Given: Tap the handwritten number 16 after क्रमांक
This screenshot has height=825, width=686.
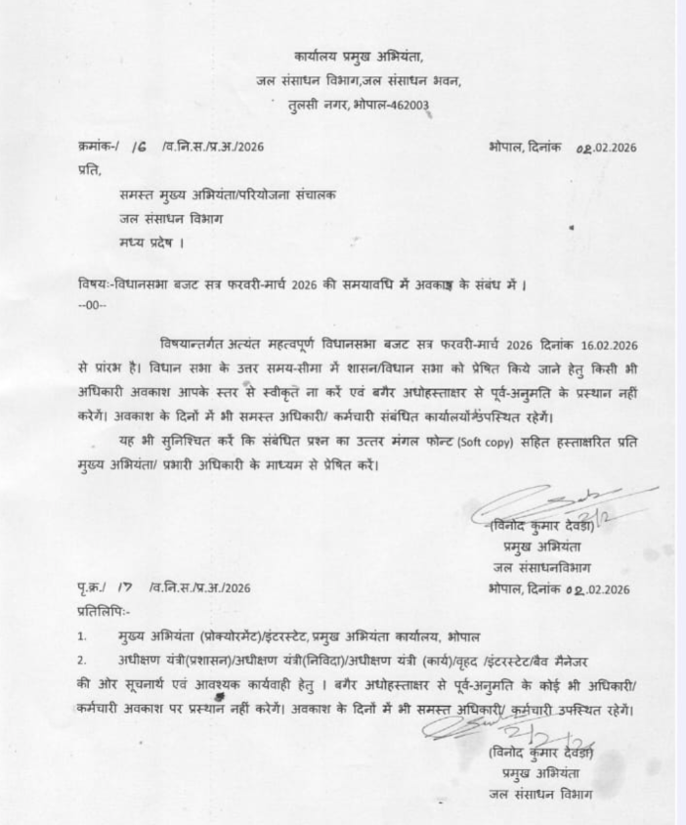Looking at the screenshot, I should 141,147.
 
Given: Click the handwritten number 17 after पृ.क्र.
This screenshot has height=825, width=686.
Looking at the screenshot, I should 126,587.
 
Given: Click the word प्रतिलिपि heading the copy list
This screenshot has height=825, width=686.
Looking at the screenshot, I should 101,610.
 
